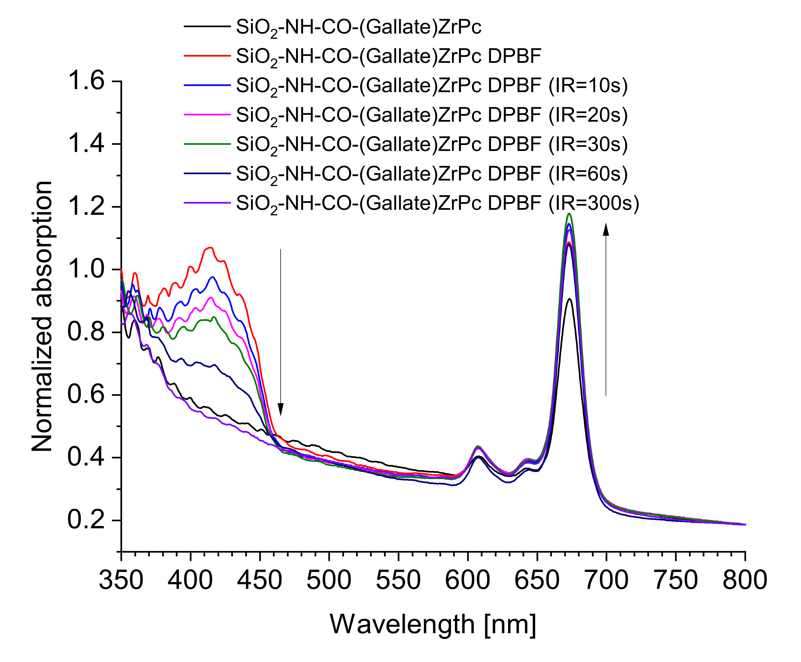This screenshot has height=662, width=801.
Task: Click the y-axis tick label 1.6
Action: click(x=86, y=81)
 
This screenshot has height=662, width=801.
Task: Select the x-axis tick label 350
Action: click(x=121, y=580)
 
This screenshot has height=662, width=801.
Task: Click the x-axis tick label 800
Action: click(x=745, y=580)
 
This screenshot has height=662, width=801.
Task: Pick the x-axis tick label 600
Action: click(x=468, y=580)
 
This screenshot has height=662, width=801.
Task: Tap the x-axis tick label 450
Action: click(x=260, y=580)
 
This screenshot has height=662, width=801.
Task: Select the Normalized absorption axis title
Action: click(x=42, y=316)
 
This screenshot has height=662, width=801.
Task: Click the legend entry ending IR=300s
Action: click(x=437, y=203)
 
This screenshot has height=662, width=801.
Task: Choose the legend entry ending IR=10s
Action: click(x=431, y=85)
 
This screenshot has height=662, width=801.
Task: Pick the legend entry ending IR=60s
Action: click(x=431, y=174)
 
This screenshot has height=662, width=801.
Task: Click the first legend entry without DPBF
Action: click(x=359, y=27)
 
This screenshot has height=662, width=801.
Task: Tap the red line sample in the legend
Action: click(x=207, y=56)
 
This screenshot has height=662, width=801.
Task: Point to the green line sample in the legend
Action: click(x=207, y=144)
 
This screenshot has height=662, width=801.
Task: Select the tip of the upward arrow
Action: click(x=606, y=225)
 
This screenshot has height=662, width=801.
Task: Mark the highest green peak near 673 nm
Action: click(x=569, y=213)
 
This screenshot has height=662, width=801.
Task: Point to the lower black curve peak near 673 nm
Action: click(x=569, y=299)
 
